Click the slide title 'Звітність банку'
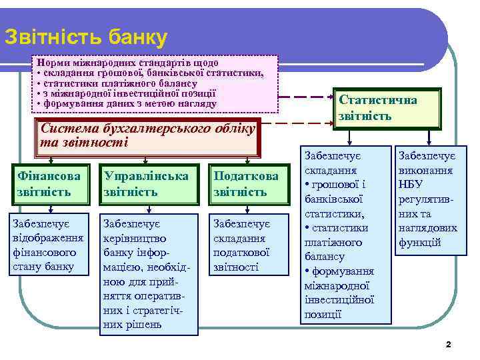[x=85, y=37]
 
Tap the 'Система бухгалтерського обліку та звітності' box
[x=147, y=135]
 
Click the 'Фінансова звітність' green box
[x=51, y=184]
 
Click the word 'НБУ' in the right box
[x=411, y=184]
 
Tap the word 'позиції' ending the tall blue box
[x=323, y=314]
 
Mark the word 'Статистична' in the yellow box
[x=378, y=101]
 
